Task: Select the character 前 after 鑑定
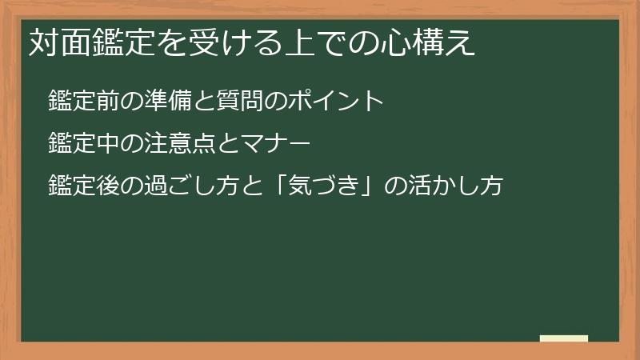(x=107, y=101)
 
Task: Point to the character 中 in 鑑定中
(x=107, y=144)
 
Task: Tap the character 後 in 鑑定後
(x=107, y=186)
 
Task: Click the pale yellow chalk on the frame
(x=563, y=338)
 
